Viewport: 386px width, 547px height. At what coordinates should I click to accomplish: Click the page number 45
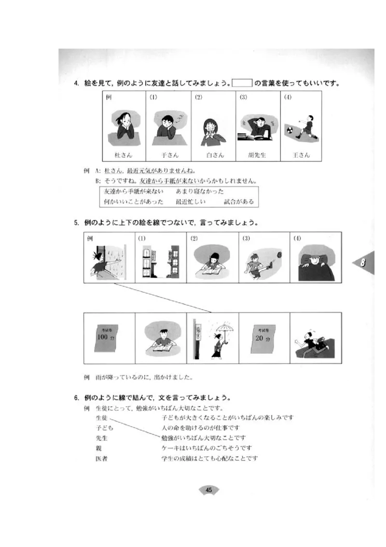(x=209, y=490)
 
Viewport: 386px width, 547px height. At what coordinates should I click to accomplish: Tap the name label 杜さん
(x=123, y=156)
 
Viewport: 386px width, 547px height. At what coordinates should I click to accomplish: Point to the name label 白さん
(x=213, y=156)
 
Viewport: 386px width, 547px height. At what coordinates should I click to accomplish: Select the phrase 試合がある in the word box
(x=238, y=202)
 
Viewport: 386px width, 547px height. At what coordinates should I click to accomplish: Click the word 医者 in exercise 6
(x=101, y=458)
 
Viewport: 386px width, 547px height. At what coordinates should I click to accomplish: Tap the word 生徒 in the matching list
(x=101, y=417)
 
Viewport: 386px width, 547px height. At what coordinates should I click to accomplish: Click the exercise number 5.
(x=76, y=223)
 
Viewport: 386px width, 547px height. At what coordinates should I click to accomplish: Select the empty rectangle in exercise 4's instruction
(x=242, y=84)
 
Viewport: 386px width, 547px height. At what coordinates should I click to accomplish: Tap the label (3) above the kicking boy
(x=246, y=239)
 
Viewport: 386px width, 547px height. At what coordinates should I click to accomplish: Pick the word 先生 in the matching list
(x=101, y=438)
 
